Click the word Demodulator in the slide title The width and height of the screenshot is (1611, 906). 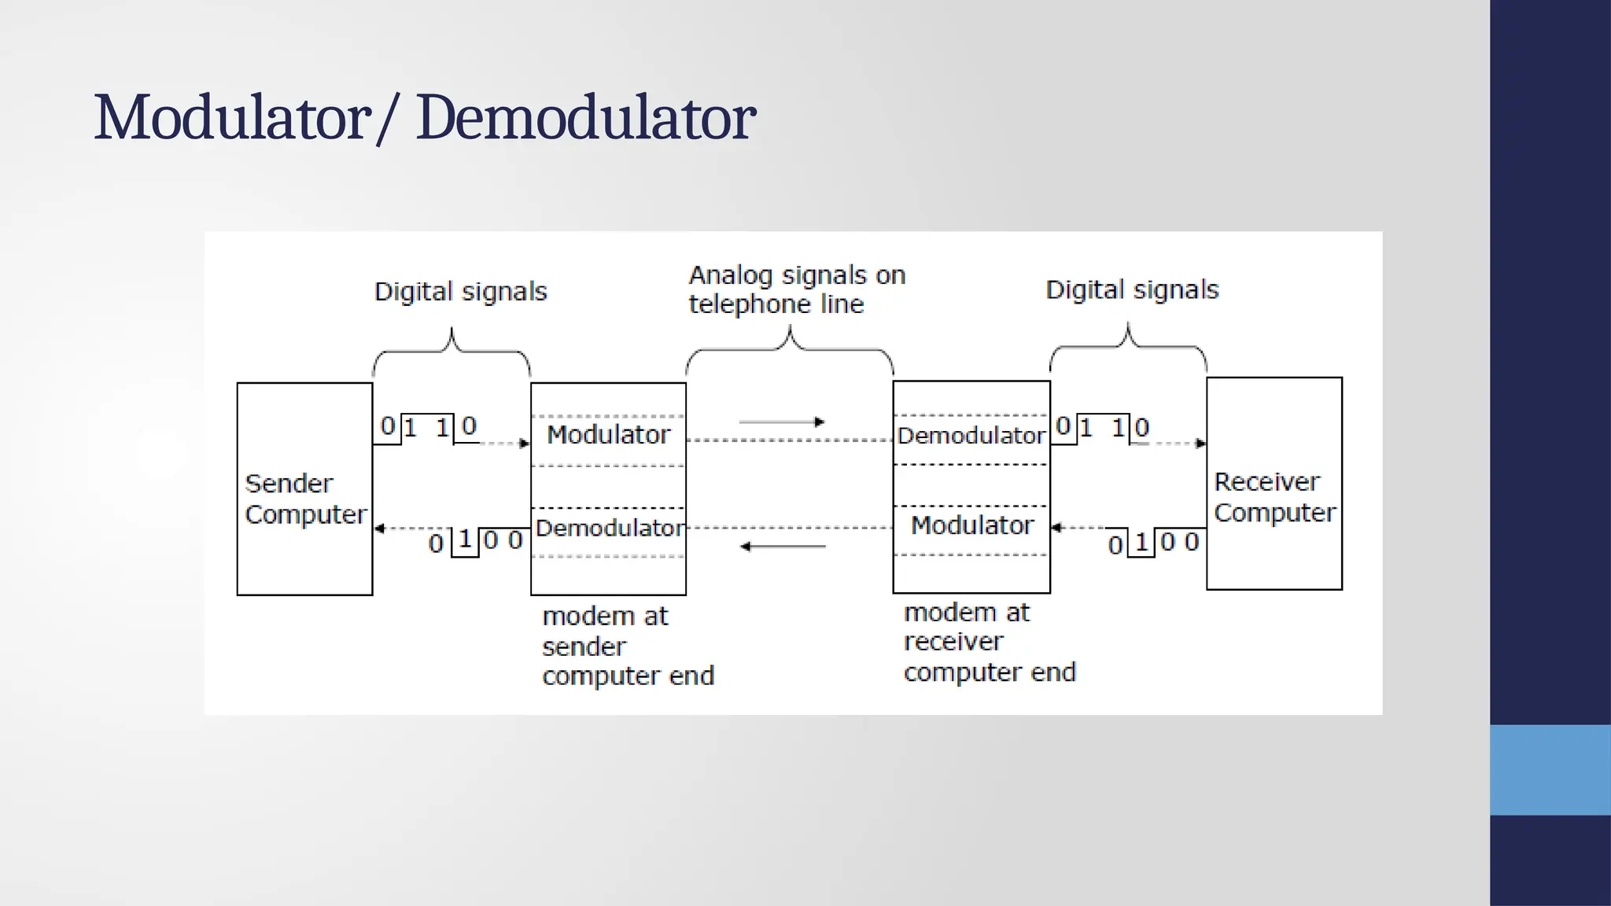585,118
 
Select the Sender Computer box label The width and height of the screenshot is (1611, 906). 305,499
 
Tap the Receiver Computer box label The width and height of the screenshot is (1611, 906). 1274,497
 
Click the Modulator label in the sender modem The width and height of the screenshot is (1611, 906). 608,434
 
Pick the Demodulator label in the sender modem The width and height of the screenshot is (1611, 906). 610,527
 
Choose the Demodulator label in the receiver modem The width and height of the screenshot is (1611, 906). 971,435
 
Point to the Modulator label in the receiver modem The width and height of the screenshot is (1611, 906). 971,525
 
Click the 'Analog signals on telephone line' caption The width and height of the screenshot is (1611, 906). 796,289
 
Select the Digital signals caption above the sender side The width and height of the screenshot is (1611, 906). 460,292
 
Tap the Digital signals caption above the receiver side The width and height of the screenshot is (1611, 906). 1131,290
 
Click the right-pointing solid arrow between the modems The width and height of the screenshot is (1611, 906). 782,422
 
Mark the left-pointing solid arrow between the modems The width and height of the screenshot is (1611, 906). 782,546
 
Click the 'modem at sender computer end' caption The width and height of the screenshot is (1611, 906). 627,646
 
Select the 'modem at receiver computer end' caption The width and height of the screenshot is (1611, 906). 989,642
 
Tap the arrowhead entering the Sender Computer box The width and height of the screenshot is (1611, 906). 379,528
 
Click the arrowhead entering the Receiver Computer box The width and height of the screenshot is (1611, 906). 1200,444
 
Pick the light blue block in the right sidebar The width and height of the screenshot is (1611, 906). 1550,769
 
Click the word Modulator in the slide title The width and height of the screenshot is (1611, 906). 233,118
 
